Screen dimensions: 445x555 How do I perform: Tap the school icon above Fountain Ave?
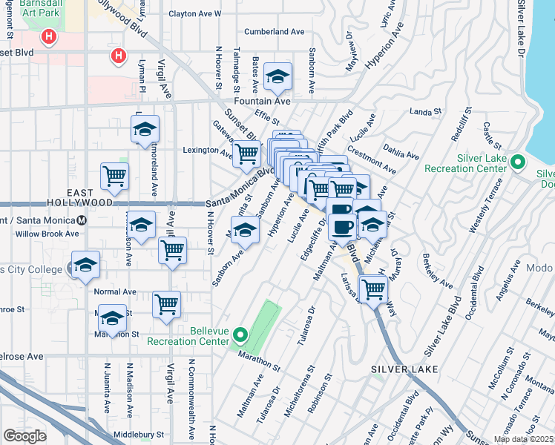coord(277,76)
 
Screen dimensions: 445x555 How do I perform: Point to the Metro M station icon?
coord(81,219)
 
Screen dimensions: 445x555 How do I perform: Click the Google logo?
coord(24,436)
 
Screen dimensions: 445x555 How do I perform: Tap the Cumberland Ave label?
coord(275,32)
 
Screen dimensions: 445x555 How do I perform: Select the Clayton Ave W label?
coord(195,13)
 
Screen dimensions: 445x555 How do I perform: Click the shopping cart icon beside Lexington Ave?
coord(246,154)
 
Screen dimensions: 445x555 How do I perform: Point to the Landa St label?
coord(426,112)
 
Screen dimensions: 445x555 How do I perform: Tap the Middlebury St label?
coord(138,435)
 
